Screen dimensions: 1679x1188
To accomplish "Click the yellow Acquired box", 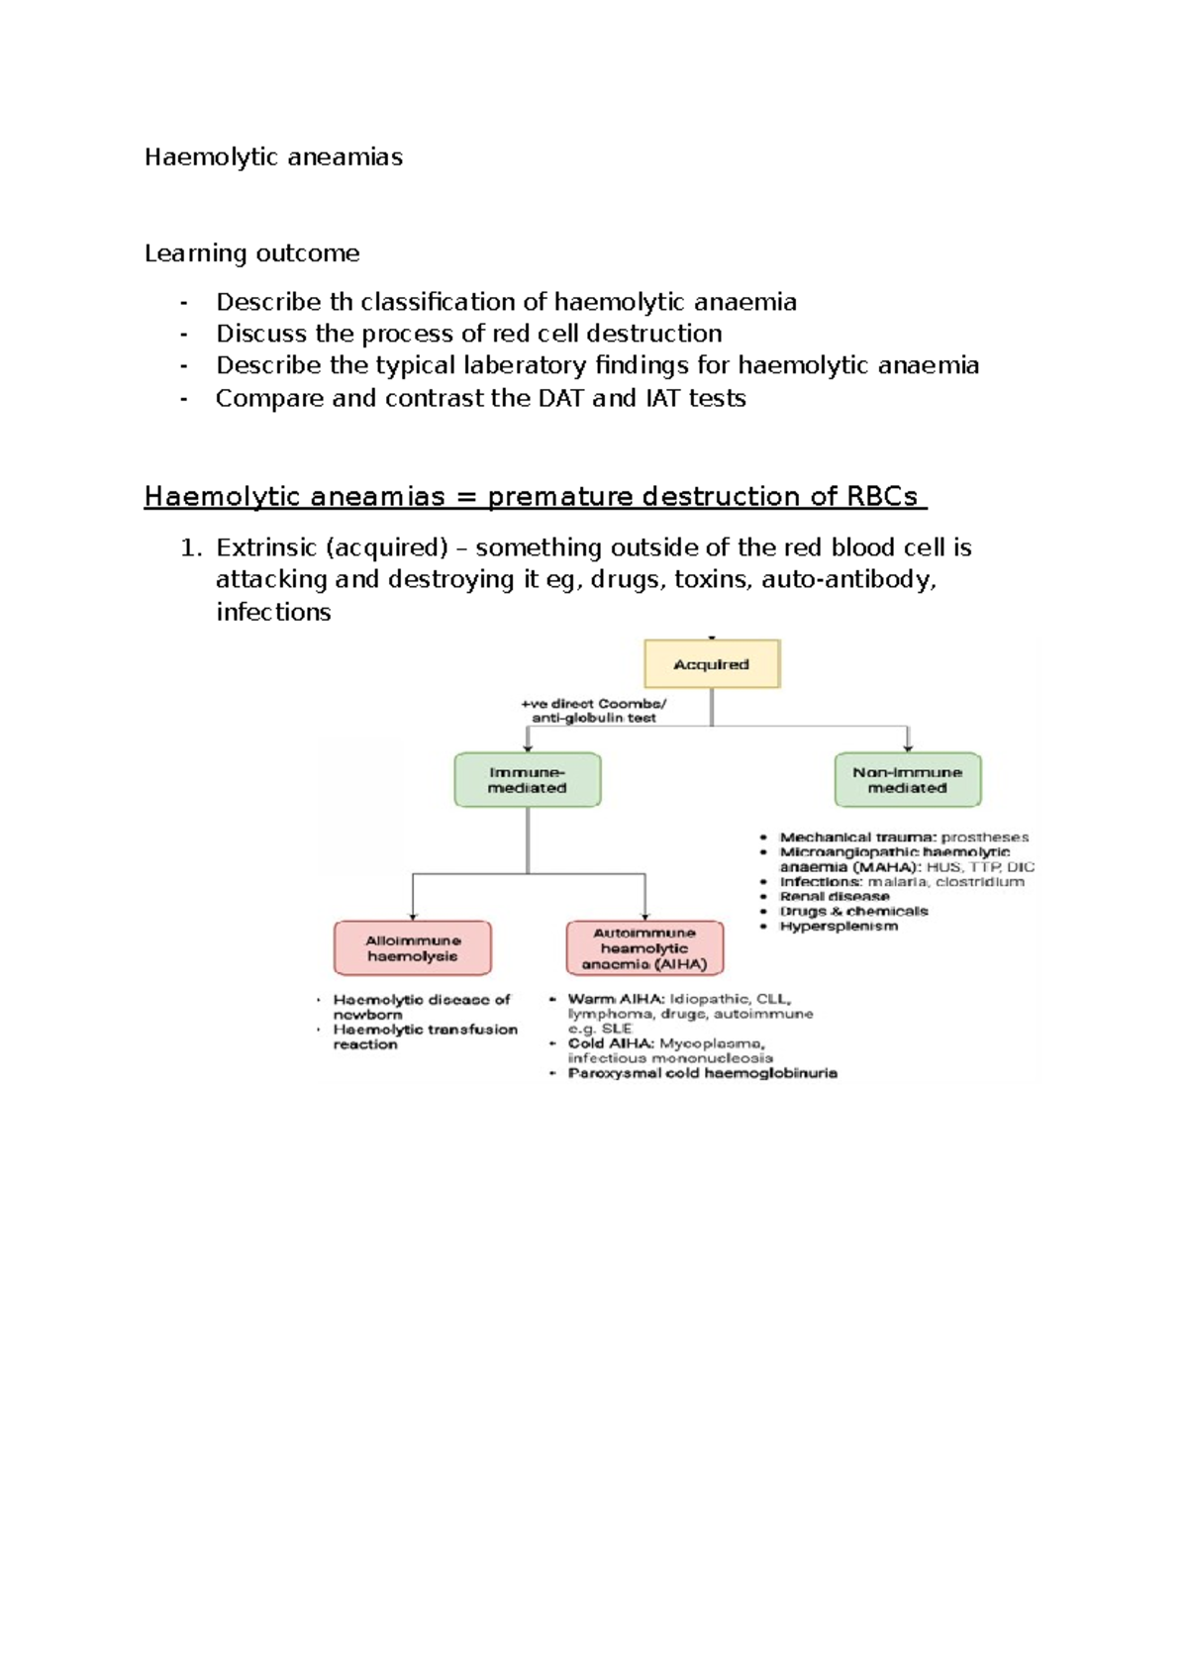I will [712, 664].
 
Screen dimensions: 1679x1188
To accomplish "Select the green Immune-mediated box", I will [527, 780].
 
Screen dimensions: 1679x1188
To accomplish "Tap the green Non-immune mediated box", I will [907, 780].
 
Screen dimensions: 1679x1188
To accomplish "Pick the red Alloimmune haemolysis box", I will [412, 948].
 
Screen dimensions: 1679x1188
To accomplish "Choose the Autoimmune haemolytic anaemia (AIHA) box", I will [644, 948].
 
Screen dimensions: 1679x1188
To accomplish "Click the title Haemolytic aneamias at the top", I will [273, 157].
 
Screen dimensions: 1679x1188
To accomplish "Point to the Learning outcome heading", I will [251, 253].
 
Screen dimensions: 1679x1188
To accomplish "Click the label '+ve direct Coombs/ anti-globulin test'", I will [594, 711].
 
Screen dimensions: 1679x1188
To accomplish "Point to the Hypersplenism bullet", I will [839, 927].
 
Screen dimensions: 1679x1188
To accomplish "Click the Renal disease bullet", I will [835, 897].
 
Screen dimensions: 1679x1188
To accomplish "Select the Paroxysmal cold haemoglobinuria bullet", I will [702, 1073].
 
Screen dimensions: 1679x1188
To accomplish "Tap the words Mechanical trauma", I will [857, 838].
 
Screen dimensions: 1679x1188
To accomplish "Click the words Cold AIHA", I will [611, 1043].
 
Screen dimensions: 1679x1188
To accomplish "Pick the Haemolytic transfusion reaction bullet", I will [425, 1037].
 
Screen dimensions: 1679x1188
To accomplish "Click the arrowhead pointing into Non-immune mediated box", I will [908, 746].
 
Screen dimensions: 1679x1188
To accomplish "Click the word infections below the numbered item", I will [273, 612].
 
